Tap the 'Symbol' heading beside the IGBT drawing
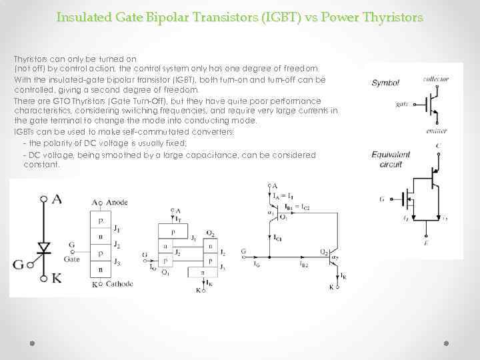point(385,83)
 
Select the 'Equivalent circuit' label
point(391,159)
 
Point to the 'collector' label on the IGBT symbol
point(435,79)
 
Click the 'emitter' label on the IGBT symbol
point(435,131)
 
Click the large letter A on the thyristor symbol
point(57,198)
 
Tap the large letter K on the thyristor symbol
point(57,277)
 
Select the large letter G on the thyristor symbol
point(19,265)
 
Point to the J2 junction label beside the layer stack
point(116,244)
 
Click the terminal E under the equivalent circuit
point(426,244)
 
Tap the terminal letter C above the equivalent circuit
point(437,145)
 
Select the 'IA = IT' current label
point(283,195)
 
